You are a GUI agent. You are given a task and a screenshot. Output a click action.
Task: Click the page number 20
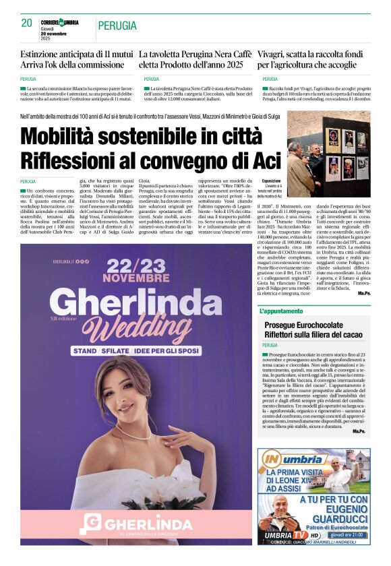27,23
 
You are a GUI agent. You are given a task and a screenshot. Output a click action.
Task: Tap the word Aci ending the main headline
266,161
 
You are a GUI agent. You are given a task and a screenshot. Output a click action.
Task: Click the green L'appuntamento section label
278,311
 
